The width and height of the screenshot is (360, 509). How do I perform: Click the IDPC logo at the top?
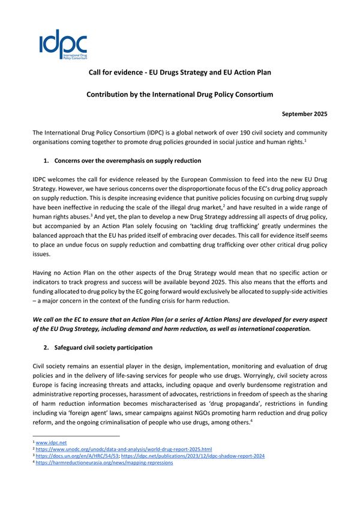click(x=63, y=46)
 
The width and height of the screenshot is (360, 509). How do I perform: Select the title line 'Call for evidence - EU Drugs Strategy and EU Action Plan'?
click(x=180, y=73)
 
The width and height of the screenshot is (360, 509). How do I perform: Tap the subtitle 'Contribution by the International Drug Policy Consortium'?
click(x=180, y=94)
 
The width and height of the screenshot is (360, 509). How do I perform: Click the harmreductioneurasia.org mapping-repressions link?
click(x=102, y=463)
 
